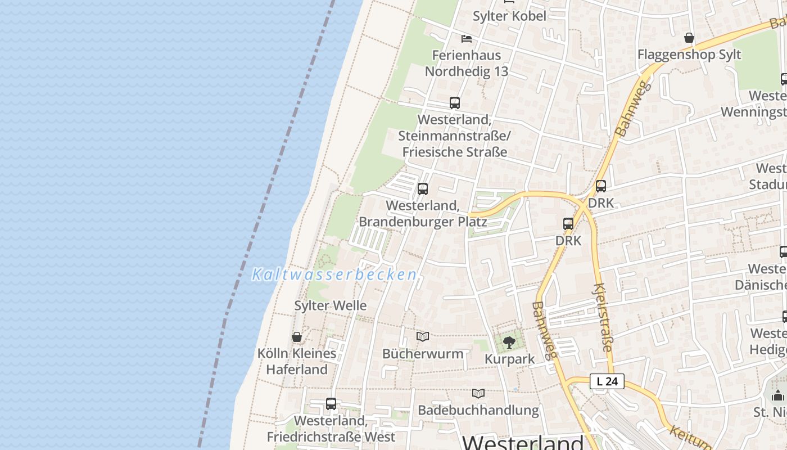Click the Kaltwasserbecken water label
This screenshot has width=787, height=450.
point(334,274)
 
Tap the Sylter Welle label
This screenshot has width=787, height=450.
point(331,305)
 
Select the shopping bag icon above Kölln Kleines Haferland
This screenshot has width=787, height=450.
point(297,337)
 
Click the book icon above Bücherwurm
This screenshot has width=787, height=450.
point(423,336)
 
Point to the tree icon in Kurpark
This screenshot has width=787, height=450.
point(509,342)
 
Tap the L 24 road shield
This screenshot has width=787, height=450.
point(607,381)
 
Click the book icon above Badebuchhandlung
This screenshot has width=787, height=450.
point(478,393)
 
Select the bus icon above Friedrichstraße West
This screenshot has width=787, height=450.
point(331,403)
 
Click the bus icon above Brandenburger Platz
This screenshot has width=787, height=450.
point(423,189)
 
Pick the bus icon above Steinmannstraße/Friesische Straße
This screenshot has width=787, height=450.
point(455,103)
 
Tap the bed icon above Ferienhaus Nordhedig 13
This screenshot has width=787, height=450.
point(467,39)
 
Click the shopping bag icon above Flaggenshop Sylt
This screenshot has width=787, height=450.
point(689,38)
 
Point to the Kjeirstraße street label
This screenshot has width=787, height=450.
point(603,317)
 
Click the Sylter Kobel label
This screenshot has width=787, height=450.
point(509,16)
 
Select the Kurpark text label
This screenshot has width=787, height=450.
point(510,359)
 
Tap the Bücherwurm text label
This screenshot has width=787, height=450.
point(423,354)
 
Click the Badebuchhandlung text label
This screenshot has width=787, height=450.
point(478,410)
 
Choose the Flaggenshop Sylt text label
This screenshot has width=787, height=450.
point(689,55)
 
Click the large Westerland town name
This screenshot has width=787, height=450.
point(522,442)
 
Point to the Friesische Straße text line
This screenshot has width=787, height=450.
point(455,152)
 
